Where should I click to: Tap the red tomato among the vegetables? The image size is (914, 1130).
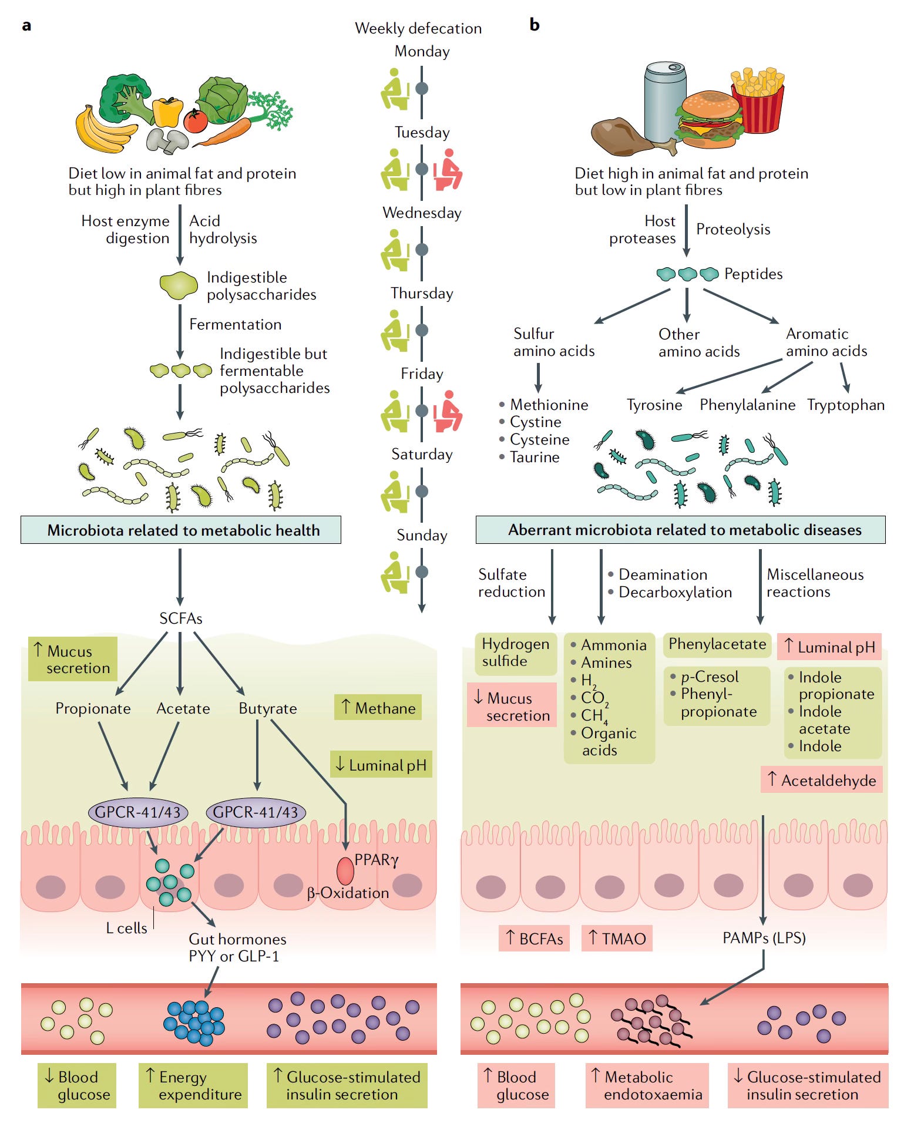point(196,120)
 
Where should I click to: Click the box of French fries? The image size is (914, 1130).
point(757,100)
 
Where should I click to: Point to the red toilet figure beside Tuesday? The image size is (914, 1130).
point(448,170)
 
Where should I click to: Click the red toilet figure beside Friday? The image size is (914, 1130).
point(448,411)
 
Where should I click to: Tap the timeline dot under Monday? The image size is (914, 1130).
point(422,89)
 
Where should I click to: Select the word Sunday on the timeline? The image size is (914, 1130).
point(422,535)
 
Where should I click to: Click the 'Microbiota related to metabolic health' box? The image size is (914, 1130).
point(181,530)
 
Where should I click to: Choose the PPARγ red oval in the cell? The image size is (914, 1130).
point(345,871)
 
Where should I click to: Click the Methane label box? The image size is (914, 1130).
point(378,708)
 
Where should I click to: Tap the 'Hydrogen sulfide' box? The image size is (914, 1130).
point(516,653)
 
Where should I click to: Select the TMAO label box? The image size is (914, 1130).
point(617,938)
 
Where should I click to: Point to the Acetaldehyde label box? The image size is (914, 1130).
point(822,780)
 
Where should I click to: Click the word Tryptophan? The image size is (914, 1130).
point(846,405)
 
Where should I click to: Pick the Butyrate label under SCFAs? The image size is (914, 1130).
point(268,708)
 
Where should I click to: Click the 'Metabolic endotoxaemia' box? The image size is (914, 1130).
point(647,1085)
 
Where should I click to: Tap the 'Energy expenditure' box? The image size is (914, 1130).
point(193,1085)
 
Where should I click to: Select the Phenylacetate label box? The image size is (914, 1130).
point(717,645)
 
